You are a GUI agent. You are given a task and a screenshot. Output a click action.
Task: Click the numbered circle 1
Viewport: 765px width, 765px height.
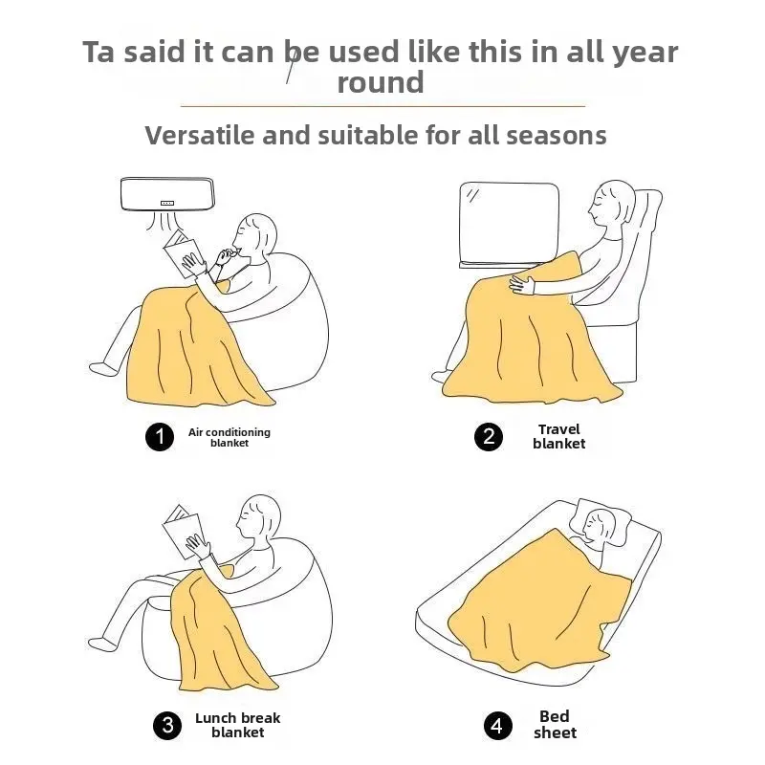(x=160, y=437)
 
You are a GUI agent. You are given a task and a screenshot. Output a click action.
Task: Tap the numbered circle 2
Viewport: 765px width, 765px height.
(x=489, y=437)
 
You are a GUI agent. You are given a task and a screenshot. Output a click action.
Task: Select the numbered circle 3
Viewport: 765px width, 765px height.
(x=167, y=726)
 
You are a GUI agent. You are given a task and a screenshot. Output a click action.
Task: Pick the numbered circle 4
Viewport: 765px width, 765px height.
(x=498, y=726)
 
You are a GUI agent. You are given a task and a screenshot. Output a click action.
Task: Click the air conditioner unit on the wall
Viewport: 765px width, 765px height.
(x=167, y=194)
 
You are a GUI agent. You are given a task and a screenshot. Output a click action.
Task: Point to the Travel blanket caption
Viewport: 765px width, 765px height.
(x=559, y=437)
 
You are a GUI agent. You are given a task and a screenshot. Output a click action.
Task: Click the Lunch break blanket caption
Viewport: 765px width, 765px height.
(x=237, y=725)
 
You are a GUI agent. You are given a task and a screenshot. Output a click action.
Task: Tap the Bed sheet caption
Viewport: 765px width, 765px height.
(x=556, y=725)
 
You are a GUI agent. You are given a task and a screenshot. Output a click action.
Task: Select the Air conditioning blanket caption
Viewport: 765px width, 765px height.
(x=229, y=437)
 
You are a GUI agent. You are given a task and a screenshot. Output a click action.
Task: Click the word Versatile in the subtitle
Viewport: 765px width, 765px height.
(x=200, y=135)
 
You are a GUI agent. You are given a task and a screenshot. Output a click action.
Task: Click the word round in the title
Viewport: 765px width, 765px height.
(x=381, y=82)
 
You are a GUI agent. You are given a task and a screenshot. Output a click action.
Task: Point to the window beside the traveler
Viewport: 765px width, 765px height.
(x=510, y=226)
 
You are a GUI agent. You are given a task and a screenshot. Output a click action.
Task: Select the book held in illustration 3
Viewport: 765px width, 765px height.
(x=183, y=533)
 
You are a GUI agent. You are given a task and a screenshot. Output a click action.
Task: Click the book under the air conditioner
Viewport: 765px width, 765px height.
(x=181, y=253)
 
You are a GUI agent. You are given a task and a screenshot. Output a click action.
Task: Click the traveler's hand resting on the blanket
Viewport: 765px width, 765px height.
(x=522, y=285)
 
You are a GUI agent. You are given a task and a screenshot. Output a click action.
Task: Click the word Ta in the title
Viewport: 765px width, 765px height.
(x=99, y=52)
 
